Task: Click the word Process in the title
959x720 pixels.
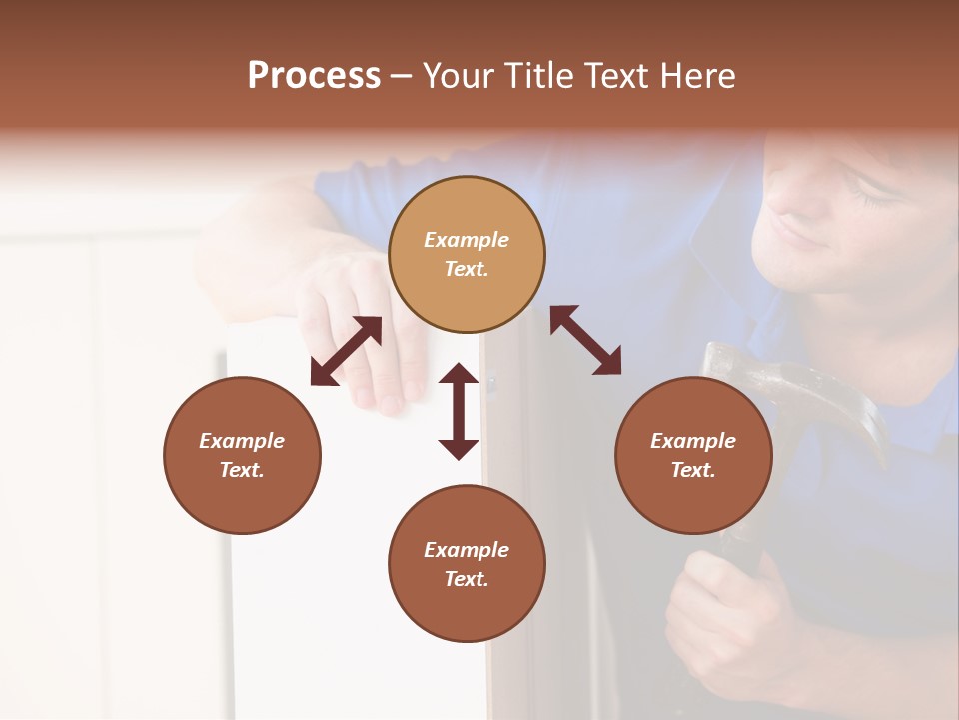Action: coord(314,76)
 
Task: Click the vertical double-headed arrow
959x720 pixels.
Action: coord(459,411)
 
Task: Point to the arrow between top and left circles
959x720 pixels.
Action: coord(346,351)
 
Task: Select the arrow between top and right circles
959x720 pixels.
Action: coord(585,340)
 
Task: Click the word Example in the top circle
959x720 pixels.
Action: coord(467,240)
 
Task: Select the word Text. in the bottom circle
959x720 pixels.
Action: coord(467,579)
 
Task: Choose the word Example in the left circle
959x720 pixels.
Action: coord(242,441)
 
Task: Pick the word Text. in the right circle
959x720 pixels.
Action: coord(693,470)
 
